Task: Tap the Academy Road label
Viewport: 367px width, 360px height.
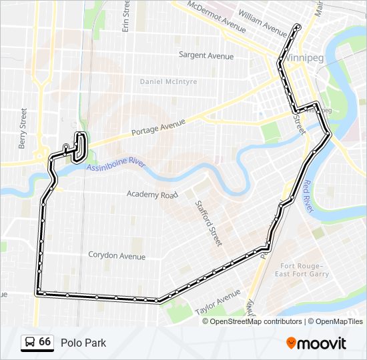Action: [153, 195]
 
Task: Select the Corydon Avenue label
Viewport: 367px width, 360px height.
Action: [117, 255]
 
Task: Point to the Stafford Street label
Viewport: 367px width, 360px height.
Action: [207, 223]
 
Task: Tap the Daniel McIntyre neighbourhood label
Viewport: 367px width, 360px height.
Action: [168, 81]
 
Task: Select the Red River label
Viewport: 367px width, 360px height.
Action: [308, 195]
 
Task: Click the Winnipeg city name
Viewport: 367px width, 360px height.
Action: [304, 58]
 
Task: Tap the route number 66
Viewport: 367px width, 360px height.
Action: [45, 341]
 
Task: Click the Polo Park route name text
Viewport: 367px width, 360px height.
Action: [83, 343]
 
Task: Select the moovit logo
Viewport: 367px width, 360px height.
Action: [316, 343]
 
